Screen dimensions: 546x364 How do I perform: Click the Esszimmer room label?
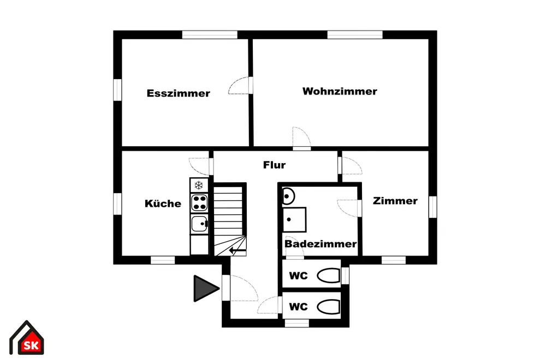point(179,93)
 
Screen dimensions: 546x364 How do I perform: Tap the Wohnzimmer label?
point(340,91)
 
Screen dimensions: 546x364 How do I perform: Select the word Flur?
point(275,165)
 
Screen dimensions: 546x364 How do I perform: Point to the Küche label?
point(163,203)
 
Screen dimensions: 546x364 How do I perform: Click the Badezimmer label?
point(321,243)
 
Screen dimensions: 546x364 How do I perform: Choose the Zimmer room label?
point(395,201)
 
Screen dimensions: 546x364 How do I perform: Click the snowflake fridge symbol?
point(199,185)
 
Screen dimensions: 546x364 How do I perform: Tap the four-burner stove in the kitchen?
point(199,203)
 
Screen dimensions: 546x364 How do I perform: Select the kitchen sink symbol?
point(199,223)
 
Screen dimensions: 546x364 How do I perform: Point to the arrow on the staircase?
point(238,250)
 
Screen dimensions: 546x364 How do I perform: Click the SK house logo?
point(26,338)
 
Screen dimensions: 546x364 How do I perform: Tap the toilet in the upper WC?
point(328,276)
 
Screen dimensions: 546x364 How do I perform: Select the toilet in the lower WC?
point(328,307)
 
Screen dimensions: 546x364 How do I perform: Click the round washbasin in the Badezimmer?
point(288,196)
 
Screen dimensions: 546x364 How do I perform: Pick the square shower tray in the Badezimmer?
point(294,219)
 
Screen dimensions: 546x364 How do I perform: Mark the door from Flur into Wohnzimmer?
point(301,139)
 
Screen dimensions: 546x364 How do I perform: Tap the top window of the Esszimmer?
point(210,35)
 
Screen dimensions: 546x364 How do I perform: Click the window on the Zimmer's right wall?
point(433,207)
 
